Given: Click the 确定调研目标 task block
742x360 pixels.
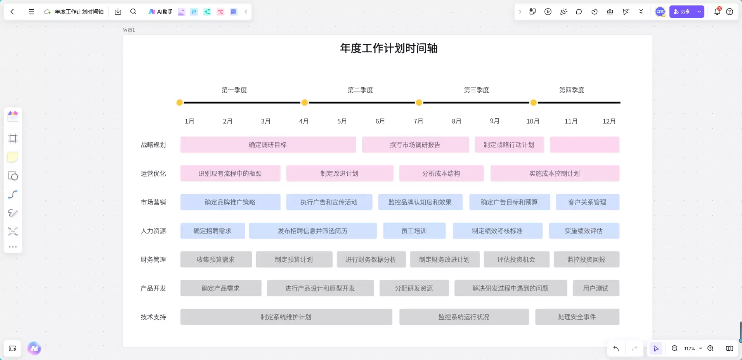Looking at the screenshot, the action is coord(268,145).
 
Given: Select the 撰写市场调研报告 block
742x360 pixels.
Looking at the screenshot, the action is coord(415,145).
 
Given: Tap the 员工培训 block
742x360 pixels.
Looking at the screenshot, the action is coord(414,231).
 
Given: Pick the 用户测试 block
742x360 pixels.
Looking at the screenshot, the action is coord(596,288).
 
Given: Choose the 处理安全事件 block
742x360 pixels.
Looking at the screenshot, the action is coord(577,317).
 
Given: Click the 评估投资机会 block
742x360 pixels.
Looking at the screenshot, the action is coord(517,260).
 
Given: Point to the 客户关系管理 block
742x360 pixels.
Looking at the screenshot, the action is coord(588,202).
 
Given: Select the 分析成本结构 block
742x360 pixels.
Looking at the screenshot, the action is coord(441,173).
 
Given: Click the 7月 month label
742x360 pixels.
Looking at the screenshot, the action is coord(418,121).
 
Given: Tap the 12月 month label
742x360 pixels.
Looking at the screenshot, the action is coord(609,121).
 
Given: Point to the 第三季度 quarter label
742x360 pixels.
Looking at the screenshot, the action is coord(477,90).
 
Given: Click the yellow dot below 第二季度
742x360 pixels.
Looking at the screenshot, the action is coord(305,102).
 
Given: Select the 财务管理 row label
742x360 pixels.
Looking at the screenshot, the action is coord(153,260).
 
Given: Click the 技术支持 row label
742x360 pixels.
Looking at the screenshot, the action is coord(153,317).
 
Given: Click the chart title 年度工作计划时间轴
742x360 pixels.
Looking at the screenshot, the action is coord(389,48).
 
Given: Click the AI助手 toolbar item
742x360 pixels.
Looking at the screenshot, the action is coord(160,12).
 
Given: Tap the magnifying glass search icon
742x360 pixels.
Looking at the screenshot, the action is coord(133,12).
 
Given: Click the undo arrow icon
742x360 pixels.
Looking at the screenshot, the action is coord(616,348).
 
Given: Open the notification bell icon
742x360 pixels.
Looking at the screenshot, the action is coord(717,11).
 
